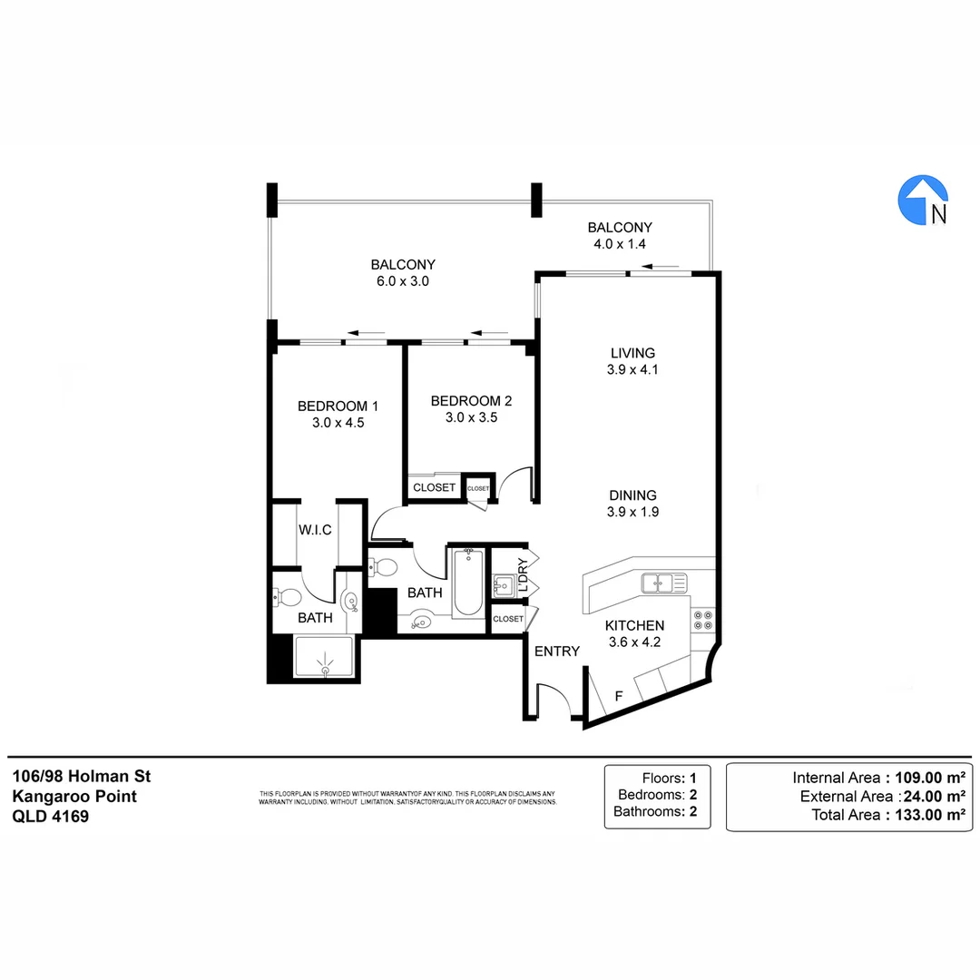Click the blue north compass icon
(923, 201)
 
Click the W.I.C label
(315, 529)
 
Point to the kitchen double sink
(663, 583)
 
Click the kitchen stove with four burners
(703, 620)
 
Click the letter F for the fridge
(619, 697)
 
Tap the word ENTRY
(556, 652)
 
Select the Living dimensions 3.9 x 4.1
(632, 369)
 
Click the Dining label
(632, 495)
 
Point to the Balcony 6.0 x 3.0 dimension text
(402, 281)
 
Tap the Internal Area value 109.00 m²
(917, 778)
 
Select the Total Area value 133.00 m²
(917, 815)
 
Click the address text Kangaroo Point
(74, 796)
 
